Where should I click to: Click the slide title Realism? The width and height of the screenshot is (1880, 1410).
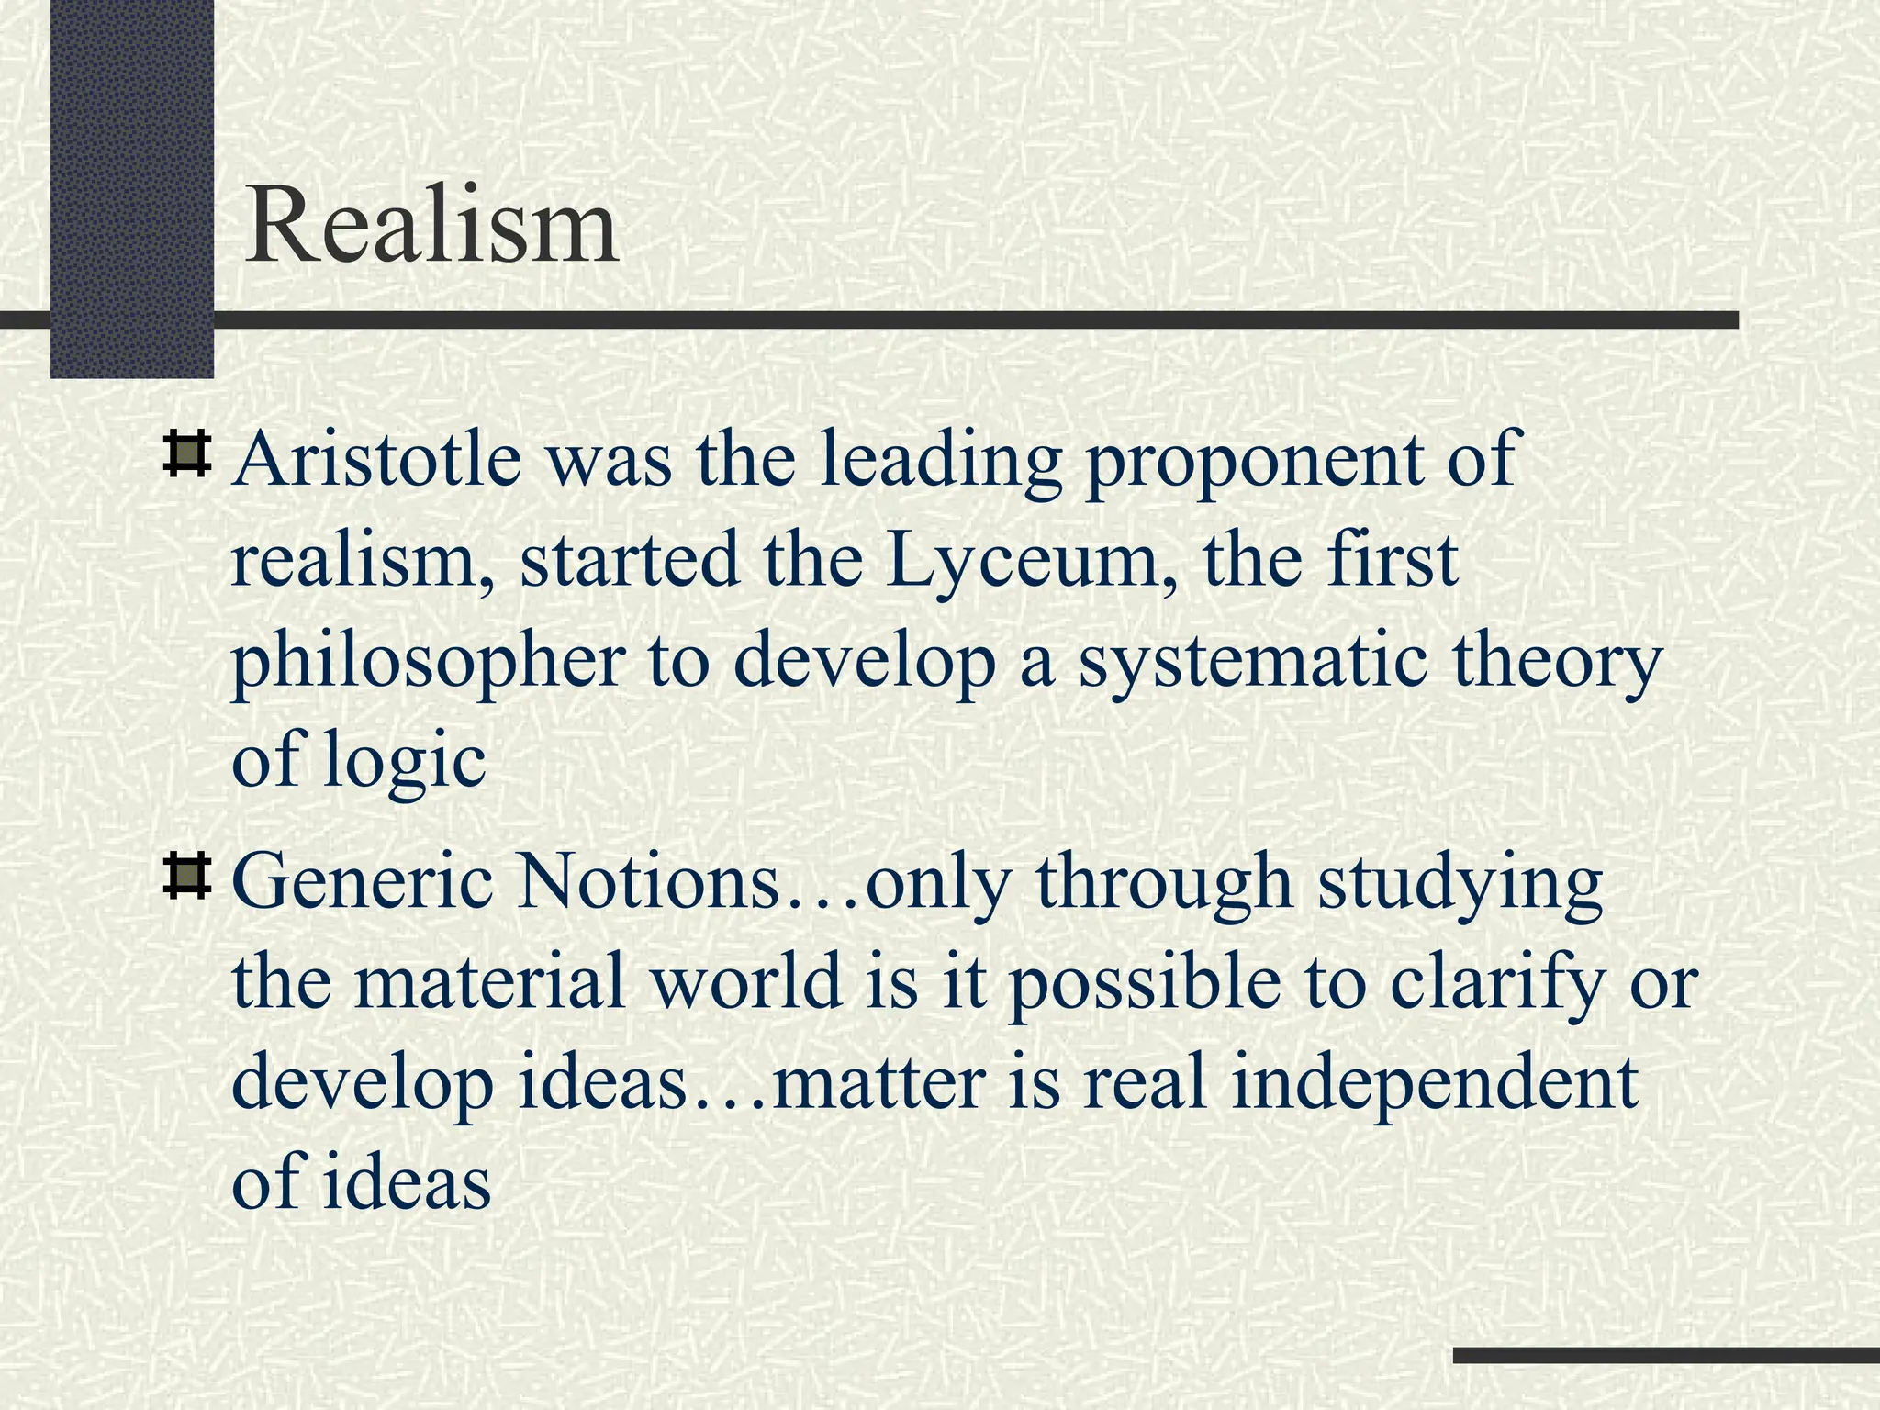coord(431,226)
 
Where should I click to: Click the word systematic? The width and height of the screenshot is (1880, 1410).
coord(1252,663)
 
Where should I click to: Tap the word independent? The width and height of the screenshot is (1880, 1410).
coord(1434,1081)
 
